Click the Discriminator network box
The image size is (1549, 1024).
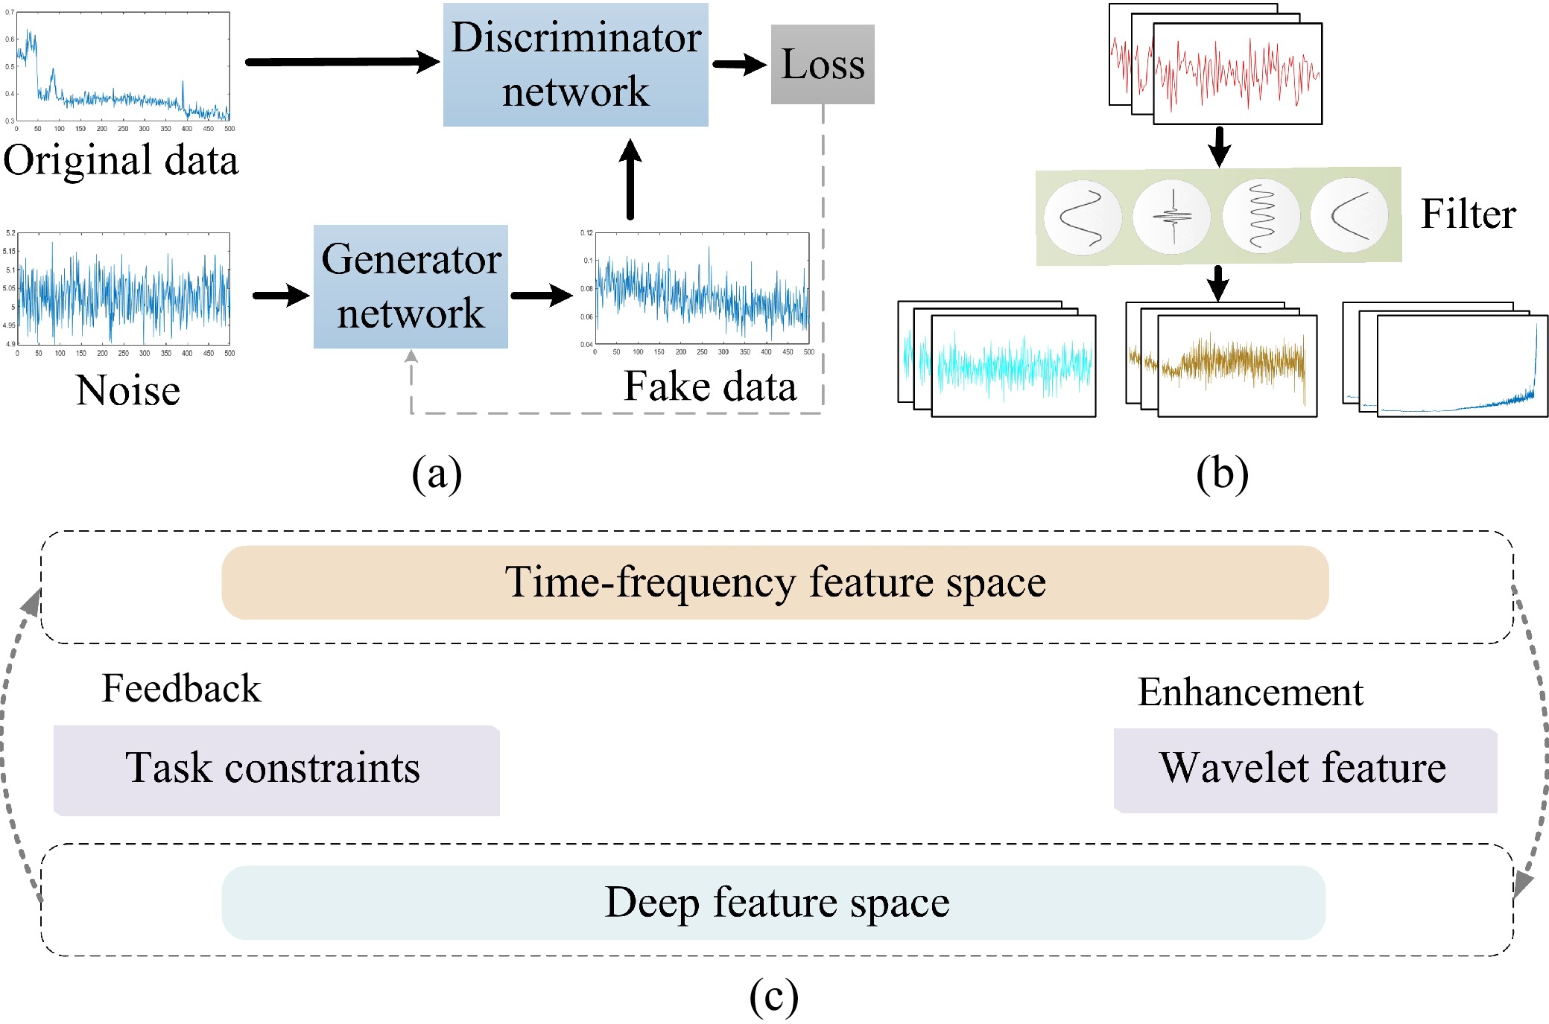[x=575, y=65]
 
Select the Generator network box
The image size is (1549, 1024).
[x=411, y=287]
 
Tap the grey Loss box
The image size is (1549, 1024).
[x=823, y=65]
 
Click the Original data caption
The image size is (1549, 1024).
[x=121, y=160]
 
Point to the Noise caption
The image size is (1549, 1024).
[x=128, y=390]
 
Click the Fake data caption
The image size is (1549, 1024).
[x=709, y=386]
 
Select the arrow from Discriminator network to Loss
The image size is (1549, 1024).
[x=738, y=65]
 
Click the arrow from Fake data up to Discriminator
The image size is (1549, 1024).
[x=630, y=179]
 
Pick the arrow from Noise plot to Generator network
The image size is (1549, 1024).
[x=281, y=296]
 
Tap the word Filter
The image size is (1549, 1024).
[x=1468, y=214]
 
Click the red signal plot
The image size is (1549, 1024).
[x=1237, y=73]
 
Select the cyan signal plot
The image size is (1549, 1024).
[x=1013, y=366]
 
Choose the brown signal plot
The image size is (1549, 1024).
[x=1237, y=366]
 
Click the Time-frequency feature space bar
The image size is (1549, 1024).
[x=775, y=582]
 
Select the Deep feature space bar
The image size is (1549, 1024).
[x=773, y=903]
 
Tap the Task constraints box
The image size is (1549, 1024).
[x=276, y=770]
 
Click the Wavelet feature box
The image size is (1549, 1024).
[x=1305, y=770]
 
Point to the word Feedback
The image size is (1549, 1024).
[x=181, y=688]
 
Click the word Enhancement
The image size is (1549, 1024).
[x=1250, y=692]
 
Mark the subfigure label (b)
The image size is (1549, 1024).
[x=1222, y=474]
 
